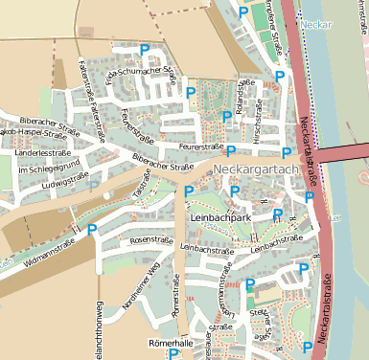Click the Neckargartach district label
(x=258, y=169)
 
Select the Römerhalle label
(x=172, y=342)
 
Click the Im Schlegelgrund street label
(x=42, y=169)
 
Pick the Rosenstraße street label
(x=149, y=239)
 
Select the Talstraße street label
(x=143, y=186)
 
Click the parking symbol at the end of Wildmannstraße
(x=92, y=229)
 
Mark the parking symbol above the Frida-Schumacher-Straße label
(x=145, y=49)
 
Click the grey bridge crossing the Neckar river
(x=343, y=154)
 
